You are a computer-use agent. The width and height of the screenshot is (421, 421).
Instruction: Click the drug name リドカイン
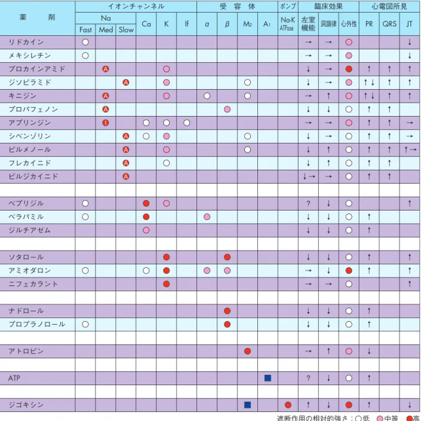26,42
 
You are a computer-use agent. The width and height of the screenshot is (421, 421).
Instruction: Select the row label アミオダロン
29,270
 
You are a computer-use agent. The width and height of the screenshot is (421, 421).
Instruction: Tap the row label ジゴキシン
26,405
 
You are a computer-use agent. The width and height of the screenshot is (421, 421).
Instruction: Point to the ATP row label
14,379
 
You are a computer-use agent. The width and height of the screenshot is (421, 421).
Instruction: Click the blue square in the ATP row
268,378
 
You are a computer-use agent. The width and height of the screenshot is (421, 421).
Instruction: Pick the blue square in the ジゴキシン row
248,405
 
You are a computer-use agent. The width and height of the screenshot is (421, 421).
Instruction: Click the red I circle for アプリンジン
106,123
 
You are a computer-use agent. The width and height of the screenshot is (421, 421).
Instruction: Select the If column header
186,24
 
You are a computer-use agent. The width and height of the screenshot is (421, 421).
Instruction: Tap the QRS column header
389,24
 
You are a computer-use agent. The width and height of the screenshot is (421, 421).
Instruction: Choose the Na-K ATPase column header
288,24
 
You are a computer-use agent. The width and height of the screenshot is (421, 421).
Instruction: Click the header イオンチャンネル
136,6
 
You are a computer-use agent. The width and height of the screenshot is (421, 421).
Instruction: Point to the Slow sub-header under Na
126,29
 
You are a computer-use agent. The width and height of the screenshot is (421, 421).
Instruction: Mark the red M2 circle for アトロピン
248,351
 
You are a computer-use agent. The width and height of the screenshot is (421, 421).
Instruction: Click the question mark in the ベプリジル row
308,203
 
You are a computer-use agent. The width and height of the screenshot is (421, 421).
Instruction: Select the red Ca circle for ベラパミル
146,216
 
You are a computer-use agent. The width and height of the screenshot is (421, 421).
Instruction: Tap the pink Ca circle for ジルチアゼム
146,230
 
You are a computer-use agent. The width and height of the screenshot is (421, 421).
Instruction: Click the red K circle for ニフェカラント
167,284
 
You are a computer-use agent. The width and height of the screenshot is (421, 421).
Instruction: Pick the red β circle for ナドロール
227,311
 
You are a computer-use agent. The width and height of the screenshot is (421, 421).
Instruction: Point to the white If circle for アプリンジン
186,123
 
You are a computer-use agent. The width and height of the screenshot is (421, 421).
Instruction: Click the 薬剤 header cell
38,18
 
